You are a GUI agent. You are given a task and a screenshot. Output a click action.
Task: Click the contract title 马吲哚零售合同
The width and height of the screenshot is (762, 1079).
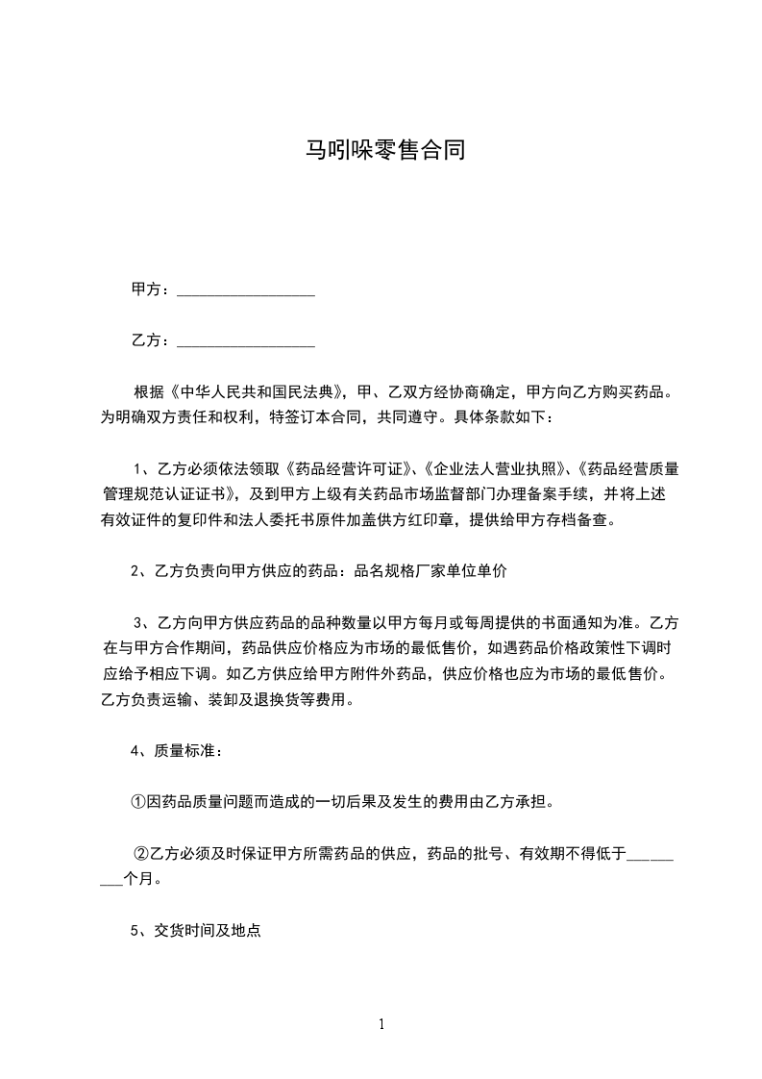(384, 150)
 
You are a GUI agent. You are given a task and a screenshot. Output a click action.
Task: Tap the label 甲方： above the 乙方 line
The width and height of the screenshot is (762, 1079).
(151, 289)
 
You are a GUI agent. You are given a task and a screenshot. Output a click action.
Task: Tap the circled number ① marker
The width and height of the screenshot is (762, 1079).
(137, 801)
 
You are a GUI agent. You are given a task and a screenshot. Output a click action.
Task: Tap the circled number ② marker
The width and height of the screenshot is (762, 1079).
(141, 852)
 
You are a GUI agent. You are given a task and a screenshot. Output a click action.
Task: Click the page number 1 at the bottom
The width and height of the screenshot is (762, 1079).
(381, 1024)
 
